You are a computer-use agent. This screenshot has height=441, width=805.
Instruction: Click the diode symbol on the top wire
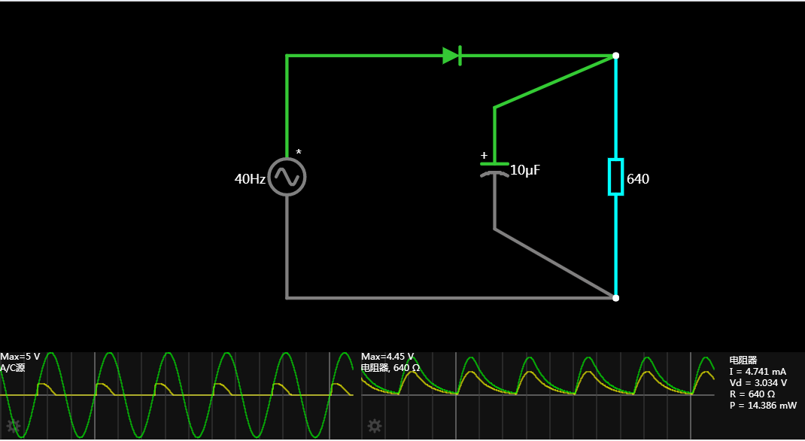(x=452, y=56)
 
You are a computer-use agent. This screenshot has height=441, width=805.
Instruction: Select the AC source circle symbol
(x=287, y=177)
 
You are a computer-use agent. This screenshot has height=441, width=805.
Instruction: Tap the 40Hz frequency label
(x=250, y=180)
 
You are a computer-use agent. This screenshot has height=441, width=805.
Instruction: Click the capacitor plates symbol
(x=494, y=168)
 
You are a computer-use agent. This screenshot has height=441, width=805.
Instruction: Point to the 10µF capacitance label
(x=525, y=171)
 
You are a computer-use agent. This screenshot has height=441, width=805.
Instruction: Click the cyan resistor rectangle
(x=615, y=176)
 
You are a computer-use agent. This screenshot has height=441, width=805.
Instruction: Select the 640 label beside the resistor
(x=638, y=180)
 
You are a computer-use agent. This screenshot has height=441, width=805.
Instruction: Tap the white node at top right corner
(x=615, y=56)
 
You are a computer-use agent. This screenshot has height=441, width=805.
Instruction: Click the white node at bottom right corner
(x=615, y=298)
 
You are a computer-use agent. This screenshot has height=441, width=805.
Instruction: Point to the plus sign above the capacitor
(x=484, y=156)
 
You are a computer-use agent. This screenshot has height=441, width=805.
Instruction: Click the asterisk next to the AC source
(x=299, y=153)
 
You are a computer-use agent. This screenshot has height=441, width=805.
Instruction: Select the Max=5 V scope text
(x=20, y=357)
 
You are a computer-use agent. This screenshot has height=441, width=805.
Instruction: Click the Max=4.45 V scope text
(x=387, y=357)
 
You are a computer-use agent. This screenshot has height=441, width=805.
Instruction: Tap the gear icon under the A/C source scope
(x=13, y=426)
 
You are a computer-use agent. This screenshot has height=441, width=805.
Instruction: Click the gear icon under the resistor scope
(x=374, y=427)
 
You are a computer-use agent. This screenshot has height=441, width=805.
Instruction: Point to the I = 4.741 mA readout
(x=758, y=372)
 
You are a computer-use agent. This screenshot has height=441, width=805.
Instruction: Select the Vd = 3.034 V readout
(x=758, y=383)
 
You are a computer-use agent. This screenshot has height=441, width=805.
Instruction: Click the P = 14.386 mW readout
(x=763, y=406)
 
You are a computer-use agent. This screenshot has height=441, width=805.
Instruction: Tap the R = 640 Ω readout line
(x=752, y=394)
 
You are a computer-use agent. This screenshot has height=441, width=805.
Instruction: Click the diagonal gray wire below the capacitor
(x=555, y=263)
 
